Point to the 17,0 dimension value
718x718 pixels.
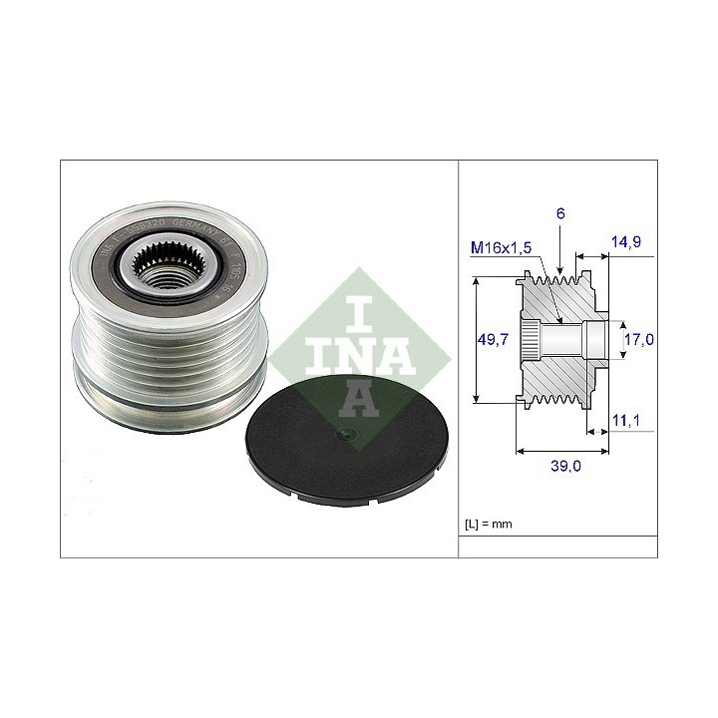(637, 339)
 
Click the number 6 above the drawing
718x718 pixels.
(561, 213)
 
